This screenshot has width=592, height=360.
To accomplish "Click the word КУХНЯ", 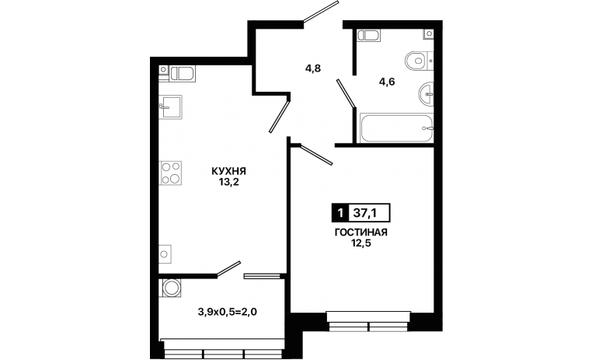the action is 228,171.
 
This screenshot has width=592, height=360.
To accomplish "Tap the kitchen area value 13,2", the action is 228,183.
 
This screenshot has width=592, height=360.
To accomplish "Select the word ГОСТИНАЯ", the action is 361,232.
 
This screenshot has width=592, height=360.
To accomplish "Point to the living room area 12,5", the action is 361,243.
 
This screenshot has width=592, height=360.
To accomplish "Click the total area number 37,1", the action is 364,213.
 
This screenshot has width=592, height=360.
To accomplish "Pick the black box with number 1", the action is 340,213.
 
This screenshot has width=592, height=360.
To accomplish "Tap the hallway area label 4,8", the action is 313,68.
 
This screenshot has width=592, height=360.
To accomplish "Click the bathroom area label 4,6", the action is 387,81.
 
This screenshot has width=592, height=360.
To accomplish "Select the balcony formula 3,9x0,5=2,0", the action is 228,312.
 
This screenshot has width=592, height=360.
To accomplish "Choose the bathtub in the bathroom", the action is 396,128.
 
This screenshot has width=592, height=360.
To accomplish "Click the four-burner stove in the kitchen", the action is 171,173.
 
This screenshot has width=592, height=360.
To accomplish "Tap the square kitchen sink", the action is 171,107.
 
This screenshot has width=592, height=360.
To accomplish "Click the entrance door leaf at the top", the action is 321,12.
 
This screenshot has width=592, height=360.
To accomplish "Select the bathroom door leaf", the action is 346,93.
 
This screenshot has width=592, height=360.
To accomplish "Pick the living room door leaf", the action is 315,155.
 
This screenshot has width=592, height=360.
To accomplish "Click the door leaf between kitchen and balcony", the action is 228,269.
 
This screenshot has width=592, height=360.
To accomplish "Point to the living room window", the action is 368,321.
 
